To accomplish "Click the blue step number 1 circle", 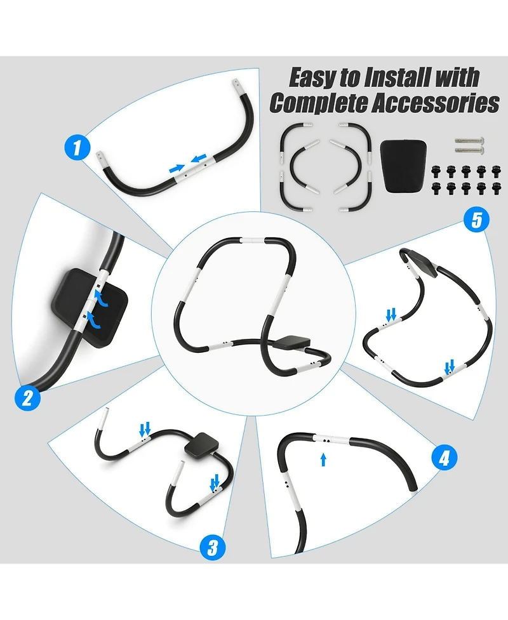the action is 77,148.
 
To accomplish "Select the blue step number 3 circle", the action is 213,548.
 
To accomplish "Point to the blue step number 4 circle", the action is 444,459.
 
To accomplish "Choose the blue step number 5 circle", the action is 476,220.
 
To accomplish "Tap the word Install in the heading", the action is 396,77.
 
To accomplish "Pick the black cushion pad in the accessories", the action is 403,166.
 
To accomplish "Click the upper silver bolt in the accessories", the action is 470,140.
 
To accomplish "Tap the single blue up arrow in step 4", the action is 323,460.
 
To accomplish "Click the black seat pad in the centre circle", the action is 295,341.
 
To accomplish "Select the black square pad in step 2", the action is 90,307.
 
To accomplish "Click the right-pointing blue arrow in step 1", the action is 176,169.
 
